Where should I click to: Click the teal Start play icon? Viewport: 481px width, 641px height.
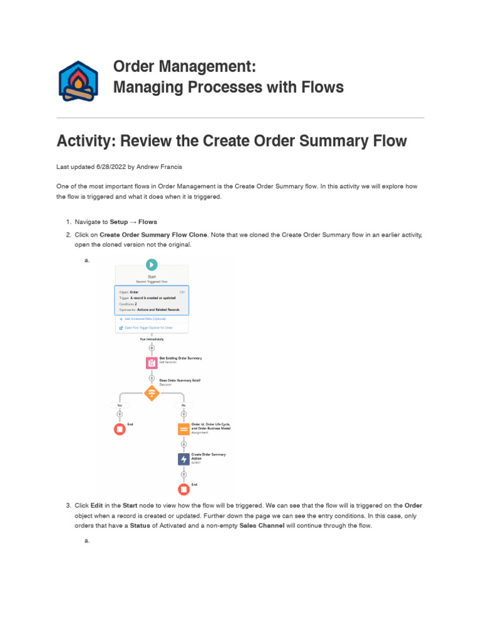tap(152, 265)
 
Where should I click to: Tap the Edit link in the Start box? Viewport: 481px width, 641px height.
tap(182, 292)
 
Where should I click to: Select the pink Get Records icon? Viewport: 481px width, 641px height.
tap(152, 362)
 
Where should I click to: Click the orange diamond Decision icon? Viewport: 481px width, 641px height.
tap(152, 393)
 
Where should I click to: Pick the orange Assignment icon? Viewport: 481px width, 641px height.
tap(184, 429)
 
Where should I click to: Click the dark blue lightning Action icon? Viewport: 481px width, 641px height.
tap(184, 459)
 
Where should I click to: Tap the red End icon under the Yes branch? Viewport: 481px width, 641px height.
tap(120, 429)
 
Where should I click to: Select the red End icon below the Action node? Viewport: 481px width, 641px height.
tap(184, 489)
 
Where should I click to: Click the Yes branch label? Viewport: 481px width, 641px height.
tap(120, 405)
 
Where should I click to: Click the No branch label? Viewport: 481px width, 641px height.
tap(184, 405)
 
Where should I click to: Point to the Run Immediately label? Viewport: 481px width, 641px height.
tap(152, 339)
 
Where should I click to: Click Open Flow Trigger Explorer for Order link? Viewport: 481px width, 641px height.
tap(148, 327)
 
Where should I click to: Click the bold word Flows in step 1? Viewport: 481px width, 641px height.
tap(148, 222)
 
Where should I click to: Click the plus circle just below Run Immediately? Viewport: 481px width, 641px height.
tap(152, 348)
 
